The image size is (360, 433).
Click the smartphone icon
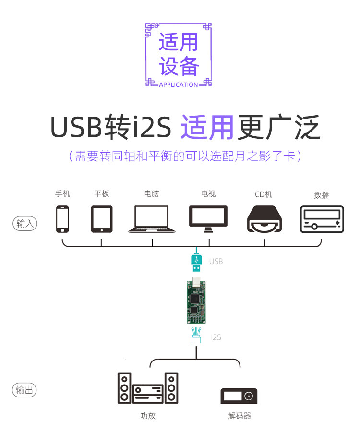pos(62,219)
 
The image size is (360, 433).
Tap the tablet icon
pos(102,219)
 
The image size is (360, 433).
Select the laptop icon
pos(152,219)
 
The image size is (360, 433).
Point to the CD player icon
pos(264,219)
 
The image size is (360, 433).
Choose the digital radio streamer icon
pos(322,219)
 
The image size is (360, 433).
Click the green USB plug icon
pos(197,260)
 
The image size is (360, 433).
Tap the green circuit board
pos(196,300)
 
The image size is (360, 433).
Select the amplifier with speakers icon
pos(148,388)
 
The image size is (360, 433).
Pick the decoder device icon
pos(239,396)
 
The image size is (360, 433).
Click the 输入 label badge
pos(25,223)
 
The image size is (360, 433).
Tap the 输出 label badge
pos(24,390)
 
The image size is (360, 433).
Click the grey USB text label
pos(216,262)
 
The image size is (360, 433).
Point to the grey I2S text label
pos(216,337)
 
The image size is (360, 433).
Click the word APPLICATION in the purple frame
pos(178,84)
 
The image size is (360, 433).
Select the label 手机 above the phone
pos(62,193)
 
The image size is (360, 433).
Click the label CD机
pos(264,194)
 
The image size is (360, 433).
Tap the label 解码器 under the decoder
pos(240,416)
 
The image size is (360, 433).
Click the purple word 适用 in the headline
pos(207,128)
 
